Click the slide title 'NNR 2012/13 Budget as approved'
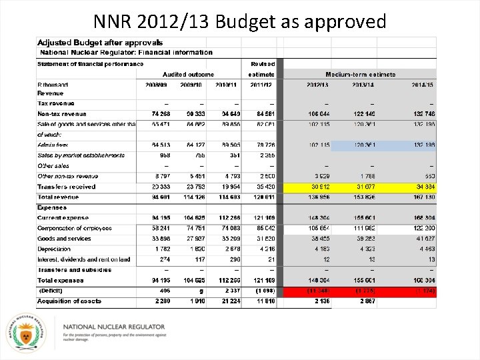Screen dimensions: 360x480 (240, 21)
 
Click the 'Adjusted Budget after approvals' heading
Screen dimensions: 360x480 (90, 43)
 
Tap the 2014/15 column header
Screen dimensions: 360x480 (422, 85)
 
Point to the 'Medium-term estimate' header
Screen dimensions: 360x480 (360, 75)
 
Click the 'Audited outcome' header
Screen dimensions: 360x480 (189, 75)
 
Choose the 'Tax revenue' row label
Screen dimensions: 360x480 (56, 103)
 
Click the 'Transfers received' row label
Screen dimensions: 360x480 (67, 187)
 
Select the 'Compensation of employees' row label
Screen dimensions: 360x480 (75, 228)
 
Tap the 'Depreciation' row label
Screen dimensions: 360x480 (54, 249)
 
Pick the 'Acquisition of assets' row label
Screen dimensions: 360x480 (69, 301)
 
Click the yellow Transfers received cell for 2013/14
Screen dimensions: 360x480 (365, 187)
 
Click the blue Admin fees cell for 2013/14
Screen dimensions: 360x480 (365, 145)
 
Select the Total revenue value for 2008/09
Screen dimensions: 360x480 (159, 197)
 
